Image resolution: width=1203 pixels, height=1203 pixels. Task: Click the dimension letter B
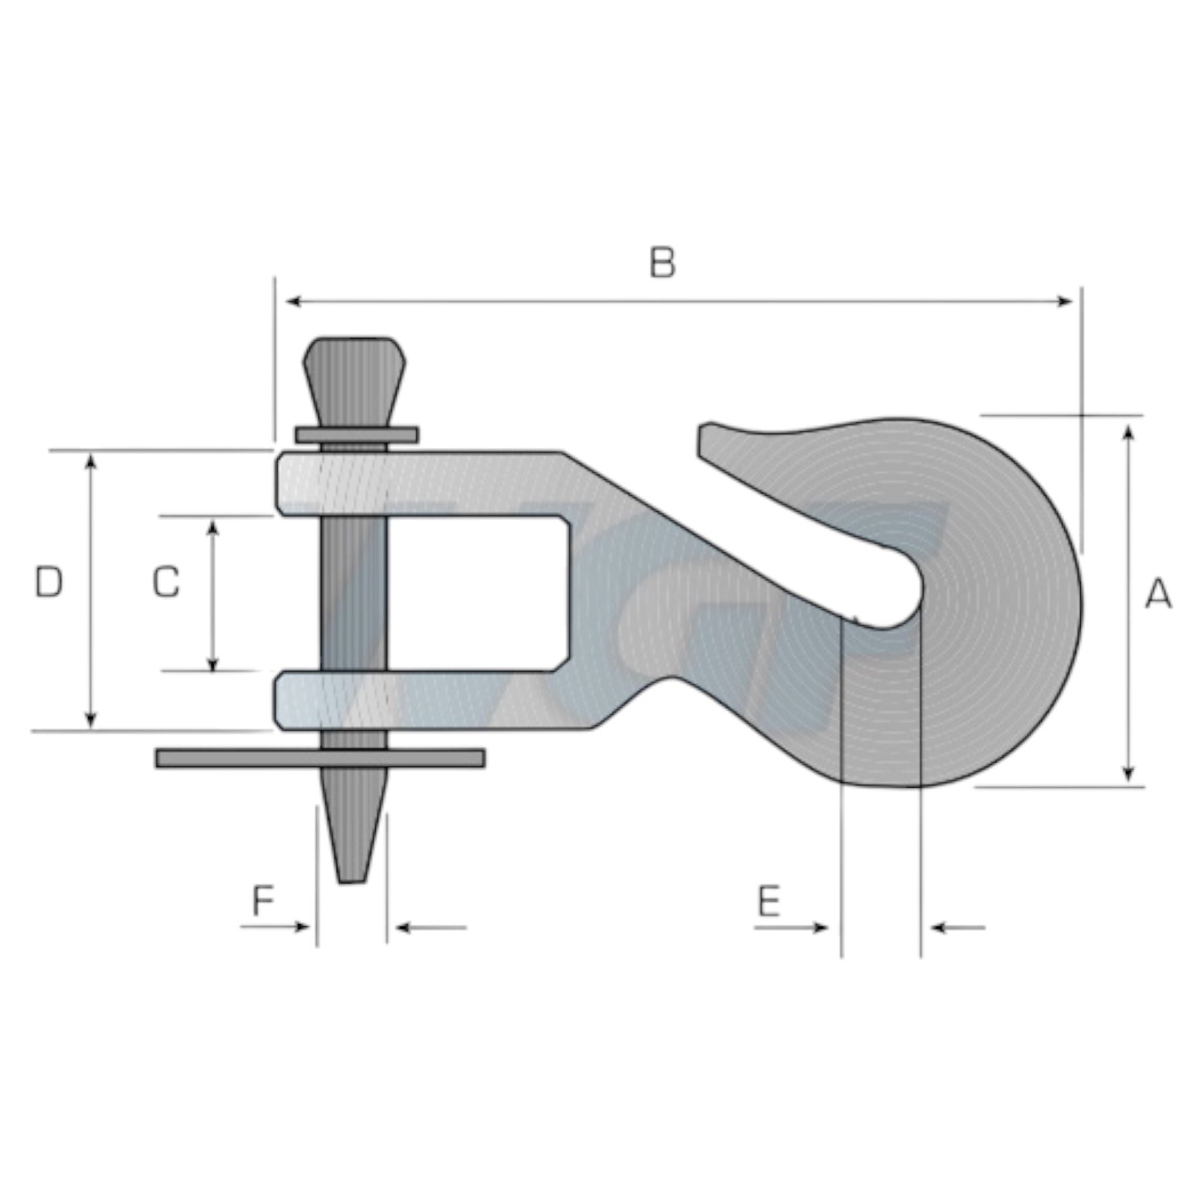[x=662, y=262]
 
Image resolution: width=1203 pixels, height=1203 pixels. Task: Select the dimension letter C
[x=166, y=582]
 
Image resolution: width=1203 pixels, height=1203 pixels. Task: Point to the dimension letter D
[x=49, y=582]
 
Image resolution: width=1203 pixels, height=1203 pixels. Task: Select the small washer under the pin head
[x=357, y=435]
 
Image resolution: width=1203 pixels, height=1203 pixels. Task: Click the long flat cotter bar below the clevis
[x=320, y=758]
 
